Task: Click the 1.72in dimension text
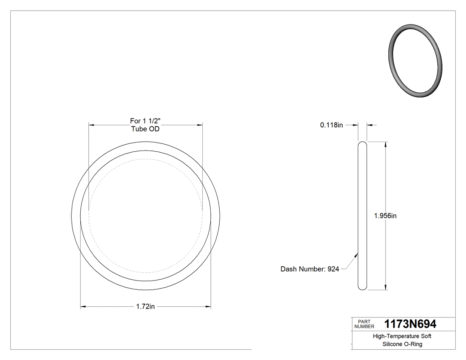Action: [146, 307]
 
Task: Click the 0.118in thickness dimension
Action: [332, 125]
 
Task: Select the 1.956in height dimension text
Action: [385, 216]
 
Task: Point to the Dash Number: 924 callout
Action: [309, 269]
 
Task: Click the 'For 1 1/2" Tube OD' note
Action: [145, 125]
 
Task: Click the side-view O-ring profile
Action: [363, 216]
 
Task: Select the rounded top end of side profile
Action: [363, 144]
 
